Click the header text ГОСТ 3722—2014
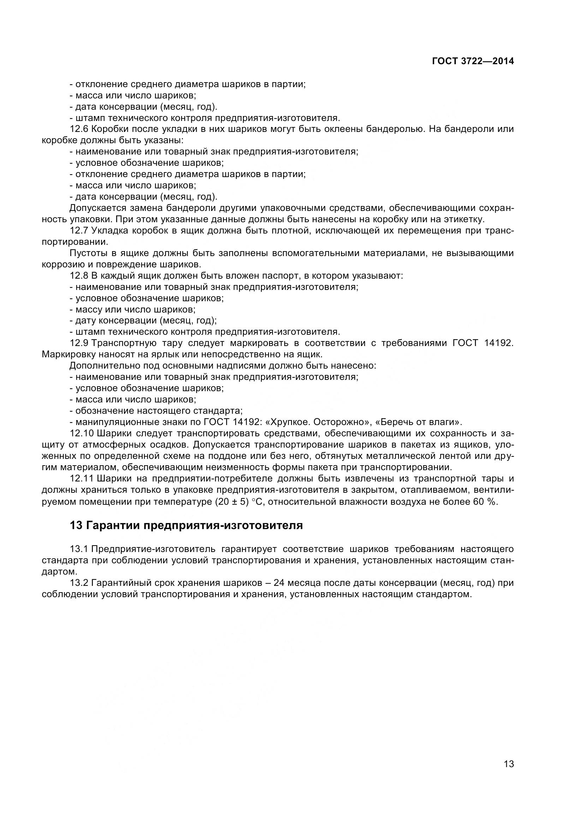point(472,61)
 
